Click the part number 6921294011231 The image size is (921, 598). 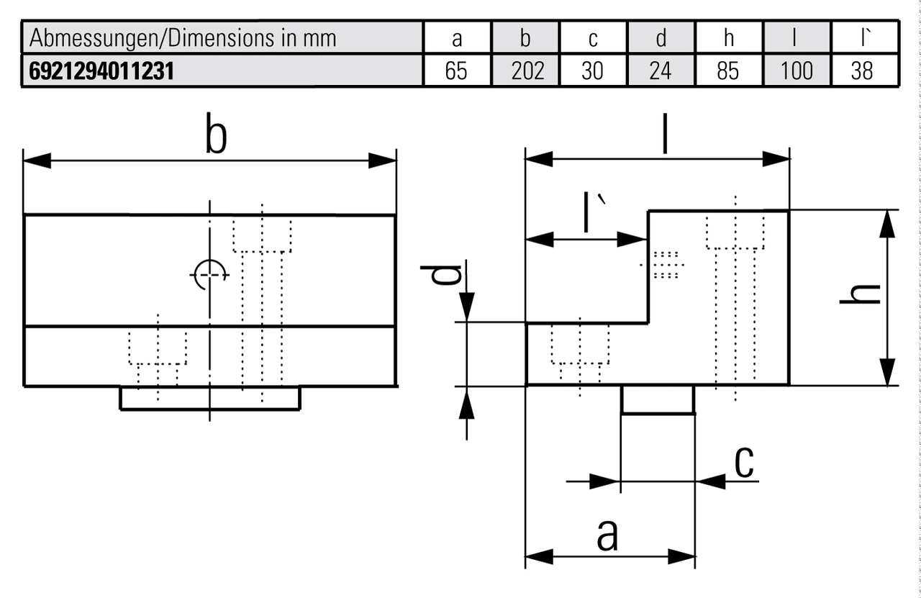101,71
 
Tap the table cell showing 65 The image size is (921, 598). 456,71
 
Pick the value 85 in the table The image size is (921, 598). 728,71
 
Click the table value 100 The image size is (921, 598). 797,71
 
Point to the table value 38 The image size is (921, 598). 862,71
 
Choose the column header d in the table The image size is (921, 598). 661,37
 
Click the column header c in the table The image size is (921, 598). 592,37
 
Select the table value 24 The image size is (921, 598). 661,71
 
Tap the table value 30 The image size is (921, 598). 592,71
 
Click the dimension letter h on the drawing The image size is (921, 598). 861,295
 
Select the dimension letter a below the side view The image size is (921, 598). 608,535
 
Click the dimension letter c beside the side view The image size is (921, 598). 744,463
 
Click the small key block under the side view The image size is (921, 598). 658,399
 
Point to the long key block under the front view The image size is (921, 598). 209,398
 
